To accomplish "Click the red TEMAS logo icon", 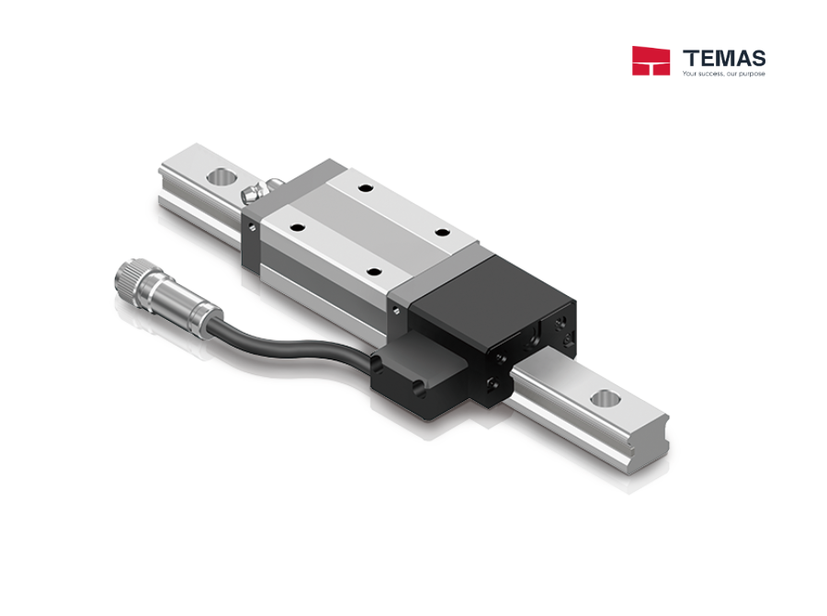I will pyautogui.click(x=651, y=61).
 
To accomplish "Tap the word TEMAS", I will pyautogui.click(x=724, y=58).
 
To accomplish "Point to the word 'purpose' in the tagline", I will pyautogui.click(x=753, y=74).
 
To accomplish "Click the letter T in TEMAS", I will pyautogui.click(x=690, y=58).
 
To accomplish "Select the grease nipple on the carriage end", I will pyautogui.click(x=251, y=193).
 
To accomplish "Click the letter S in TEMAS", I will pyautogui.click(x=756, y=58).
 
